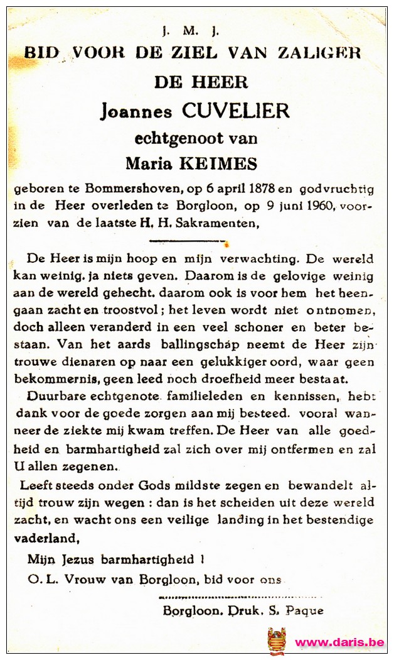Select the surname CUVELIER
point(235,111)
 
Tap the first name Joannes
point(136,112)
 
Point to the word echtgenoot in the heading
point(174,138)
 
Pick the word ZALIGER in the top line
point(327,53)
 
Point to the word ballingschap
point(174,345)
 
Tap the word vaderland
point(47,538)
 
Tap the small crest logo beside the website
point(277,641)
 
